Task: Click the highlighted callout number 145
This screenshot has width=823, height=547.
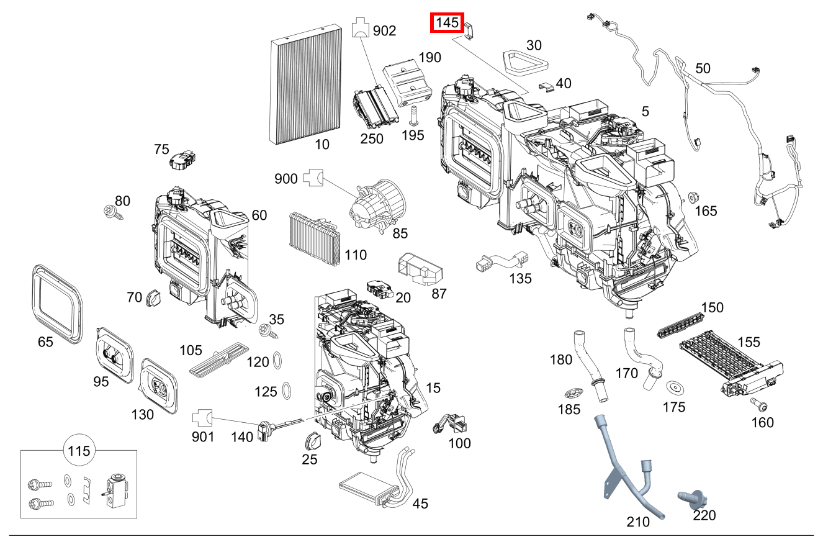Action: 447,23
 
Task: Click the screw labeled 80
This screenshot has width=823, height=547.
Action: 114,213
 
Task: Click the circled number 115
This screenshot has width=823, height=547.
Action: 79,451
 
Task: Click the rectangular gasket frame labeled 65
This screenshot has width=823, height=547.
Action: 56,303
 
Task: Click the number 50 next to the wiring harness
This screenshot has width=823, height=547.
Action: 703,68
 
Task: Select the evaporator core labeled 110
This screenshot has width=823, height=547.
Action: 315,238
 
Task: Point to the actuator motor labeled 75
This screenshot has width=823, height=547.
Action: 181,160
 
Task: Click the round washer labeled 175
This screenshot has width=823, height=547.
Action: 674,387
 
